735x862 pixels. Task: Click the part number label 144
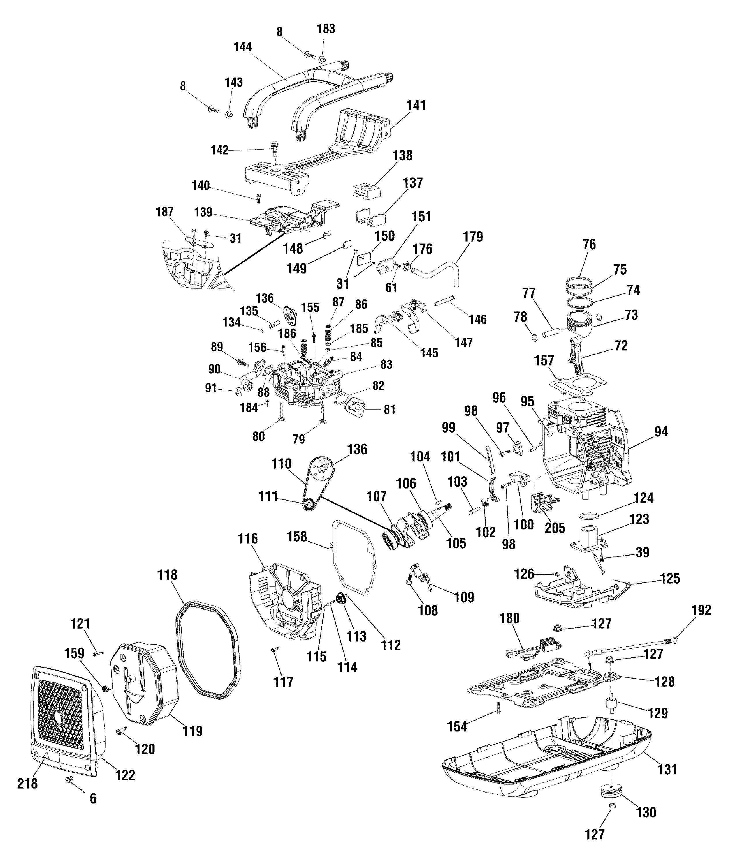click(243, 47)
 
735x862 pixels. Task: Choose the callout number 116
click(248, 539)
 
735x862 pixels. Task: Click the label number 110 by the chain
click(281, 464)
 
